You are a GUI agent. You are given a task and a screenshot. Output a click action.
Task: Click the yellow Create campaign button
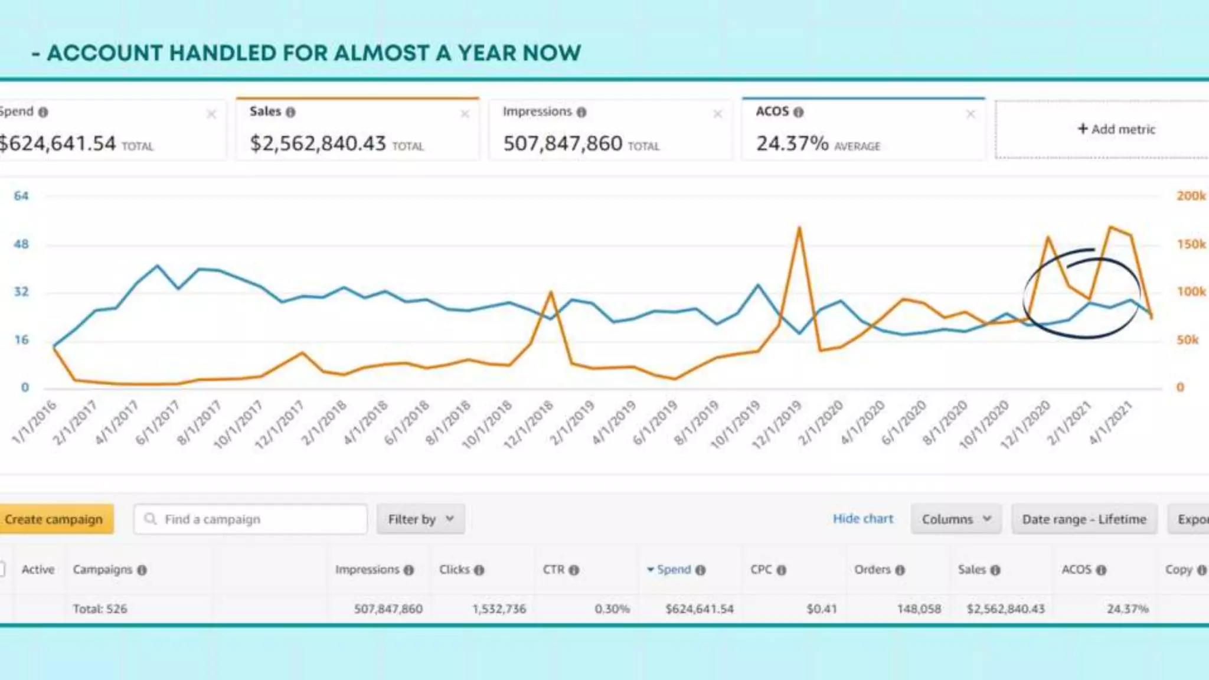pyautogui.click(x=54, y=519)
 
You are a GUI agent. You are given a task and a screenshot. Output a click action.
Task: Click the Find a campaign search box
pyautogui.click(x=250, y=519)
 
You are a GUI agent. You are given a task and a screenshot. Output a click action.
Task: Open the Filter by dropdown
pyautogui.click(x=420, y=519)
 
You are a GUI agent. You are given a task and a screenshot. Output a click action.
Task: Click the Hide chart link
pyautogui.click(x=862, y=519)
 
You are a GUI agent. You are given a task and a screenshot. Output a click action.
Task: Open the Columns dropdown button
pyautogui.click(x=956, y=519)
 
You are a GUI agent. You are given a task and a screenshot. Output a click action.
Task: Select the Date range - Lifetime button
pyautogui.click(x=1084, y=519)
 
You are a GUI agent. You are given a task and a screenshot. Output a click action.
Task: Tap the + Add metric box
pyautogui.click(x=1116, y=129)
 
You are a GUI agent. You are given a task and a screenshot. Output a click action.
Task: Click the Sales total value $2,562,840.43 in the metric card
pyautogui.click(x=318, y=143)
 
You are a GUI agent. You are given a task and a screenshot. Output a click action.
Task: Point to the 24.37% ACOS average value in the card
pyautogui.click(x=792, y=143)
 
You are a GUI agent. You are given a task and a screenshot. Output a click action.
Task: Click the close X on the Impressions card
pyautogui.click(x=717, y=114)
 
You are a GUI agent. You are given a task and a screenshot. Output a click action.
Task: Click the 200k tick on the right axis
pyautogui.click(x=1191, y=196)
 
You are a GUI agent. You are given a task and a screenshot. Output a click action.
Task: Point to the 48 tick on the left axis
pyautogui.click(x=21, y=244)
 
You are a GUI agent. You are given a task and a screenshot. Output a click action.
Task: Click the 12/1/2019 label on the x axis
pyautogui.click(x=777, y=424)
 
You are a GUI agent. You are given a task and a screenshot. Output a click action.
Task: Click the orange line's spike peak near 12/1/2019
pyautogui.click(x=799, y=228)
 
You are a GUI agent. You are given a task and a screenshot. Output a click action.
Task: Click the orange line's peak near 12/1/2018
pyautogui.click(x=551, y=292)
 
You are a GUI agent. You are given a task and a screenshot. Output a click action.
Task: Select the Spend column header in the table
pyautogui.click(x=674, y=570)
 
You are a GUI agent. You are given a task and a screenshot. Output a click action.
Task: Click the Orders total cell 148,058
pyautogui.click(x=919, y=609)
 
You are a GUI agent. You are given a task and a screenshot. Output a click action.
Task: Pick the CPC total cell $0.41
pyautogui.click(x=821, y=609)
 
